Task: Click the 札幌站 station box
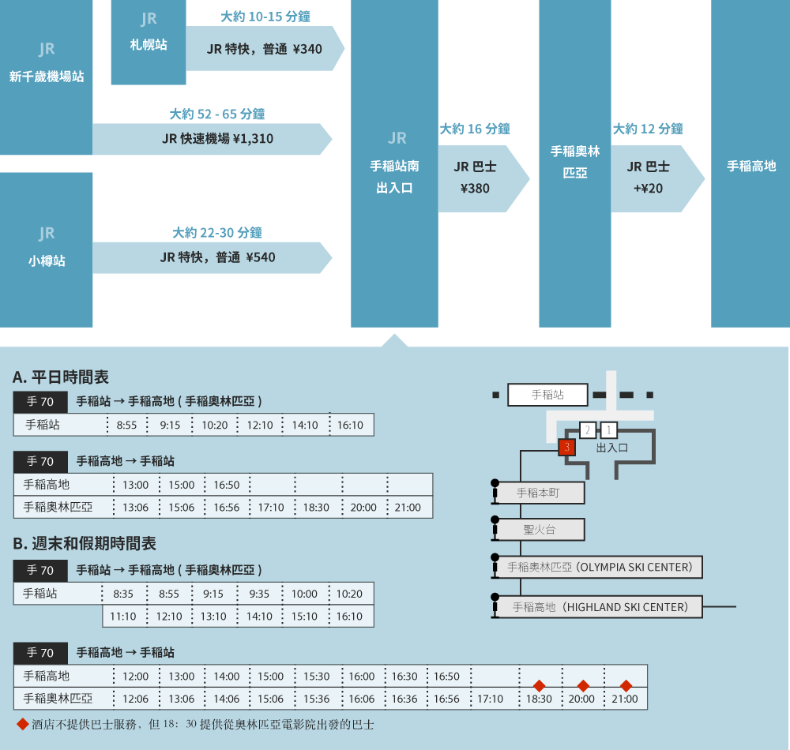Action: (149, 43)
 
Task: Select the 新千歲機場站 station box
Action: (47, 77)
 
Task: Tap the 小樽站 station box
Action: (47, 249)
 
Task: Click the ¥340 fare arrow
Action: (265, 48)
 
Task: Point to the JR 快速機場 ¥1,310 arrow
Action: (212, 139)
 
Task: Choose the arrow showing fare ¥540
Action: (212, 257)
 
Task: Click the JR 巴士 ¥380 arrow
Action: (483, 178)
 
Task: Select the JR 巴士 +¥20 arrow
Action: (657, 178)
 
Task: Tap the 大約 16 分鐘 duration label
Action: (475, 129)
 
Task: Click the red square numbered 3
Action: (566, 447)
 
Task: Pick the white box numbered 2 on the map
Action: (588, 430)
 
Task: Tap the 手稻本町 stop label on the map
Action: (537, 493)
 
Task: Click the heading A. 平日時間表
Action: (61, 377)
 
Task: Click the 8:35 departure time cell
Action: (123, 594)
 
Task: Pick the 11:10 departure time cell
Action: (123, 616)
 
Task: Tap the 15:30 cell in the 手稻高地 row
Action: (317, 677)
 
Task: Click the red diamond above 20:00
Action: (583, 685)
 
